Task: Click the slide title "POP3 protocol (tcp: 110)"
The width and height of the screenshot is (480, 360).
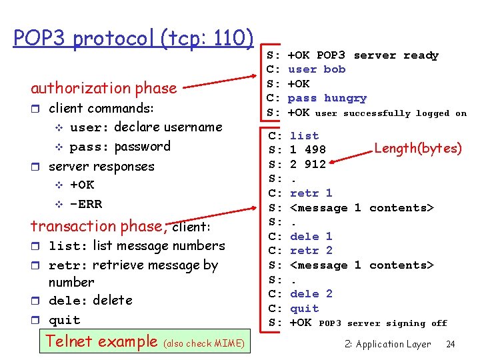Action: pos(133,38)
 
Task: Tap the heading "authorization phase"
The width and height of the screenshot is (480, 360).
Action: pos(103,88)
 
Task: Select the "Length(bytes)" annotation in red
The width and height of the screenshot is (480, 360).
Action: pos(417,148)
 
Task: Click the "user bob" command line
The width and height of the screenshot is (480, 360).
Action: pos(317,69)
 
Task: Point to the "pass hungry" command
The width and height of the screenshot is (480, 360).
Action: pos(327,98)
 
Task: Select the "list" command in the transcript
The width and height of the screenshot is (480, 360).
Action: pos(304,136)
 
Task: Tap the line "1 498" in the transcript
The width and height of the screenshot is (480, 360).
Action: pos(307,150)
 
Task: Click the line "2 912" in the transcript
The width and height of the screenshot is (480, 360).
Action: pos(307,165)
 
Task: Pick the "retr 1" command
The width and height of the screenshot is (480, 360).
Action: pos(311,193)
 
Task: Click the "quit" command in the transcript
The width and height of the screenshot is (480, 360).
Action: pos(304,309)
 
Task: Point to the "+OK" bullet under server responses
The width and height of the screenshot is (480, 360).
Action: pos(82,185)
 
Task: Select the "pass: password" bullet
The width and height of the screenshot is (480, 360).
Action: pos(120,147)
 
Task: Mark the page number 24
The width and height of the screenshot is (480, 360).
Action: pos(451,345)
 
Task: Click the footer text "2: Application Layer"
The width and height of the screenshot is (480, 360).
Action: pos(388,345)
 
